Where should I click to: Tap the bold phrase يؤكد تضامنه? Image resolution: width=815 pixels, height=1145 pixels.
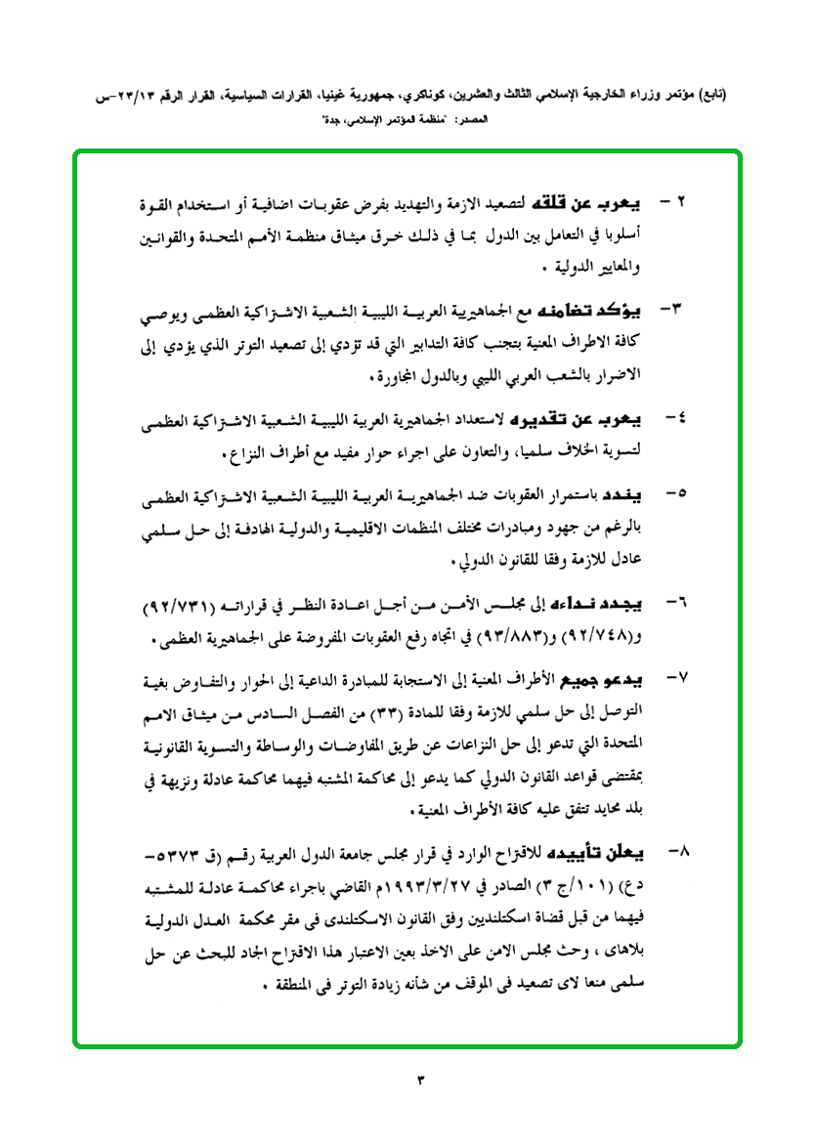[586, 312]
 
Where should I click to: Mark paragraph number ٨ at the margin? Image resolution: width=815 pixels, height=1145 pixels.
[681, 852]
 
